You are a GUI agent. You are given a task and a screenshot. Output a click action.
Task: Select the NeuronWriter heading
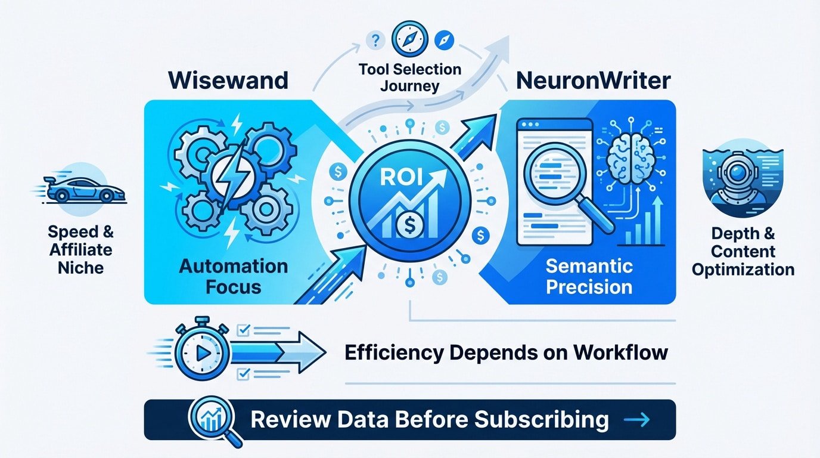point(594,81)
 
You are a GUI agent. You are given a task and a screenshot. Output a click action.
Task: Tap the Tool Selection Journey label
point(410,78)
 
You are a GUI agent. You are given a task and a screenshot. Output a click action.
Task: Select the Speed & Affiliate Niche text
point(80,249)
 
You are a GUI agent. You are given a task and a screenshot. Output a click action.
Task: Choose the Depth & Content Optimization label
point(743,252)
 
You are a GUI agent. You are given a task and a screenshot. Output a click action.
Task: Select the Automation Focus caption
point(234,276)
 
